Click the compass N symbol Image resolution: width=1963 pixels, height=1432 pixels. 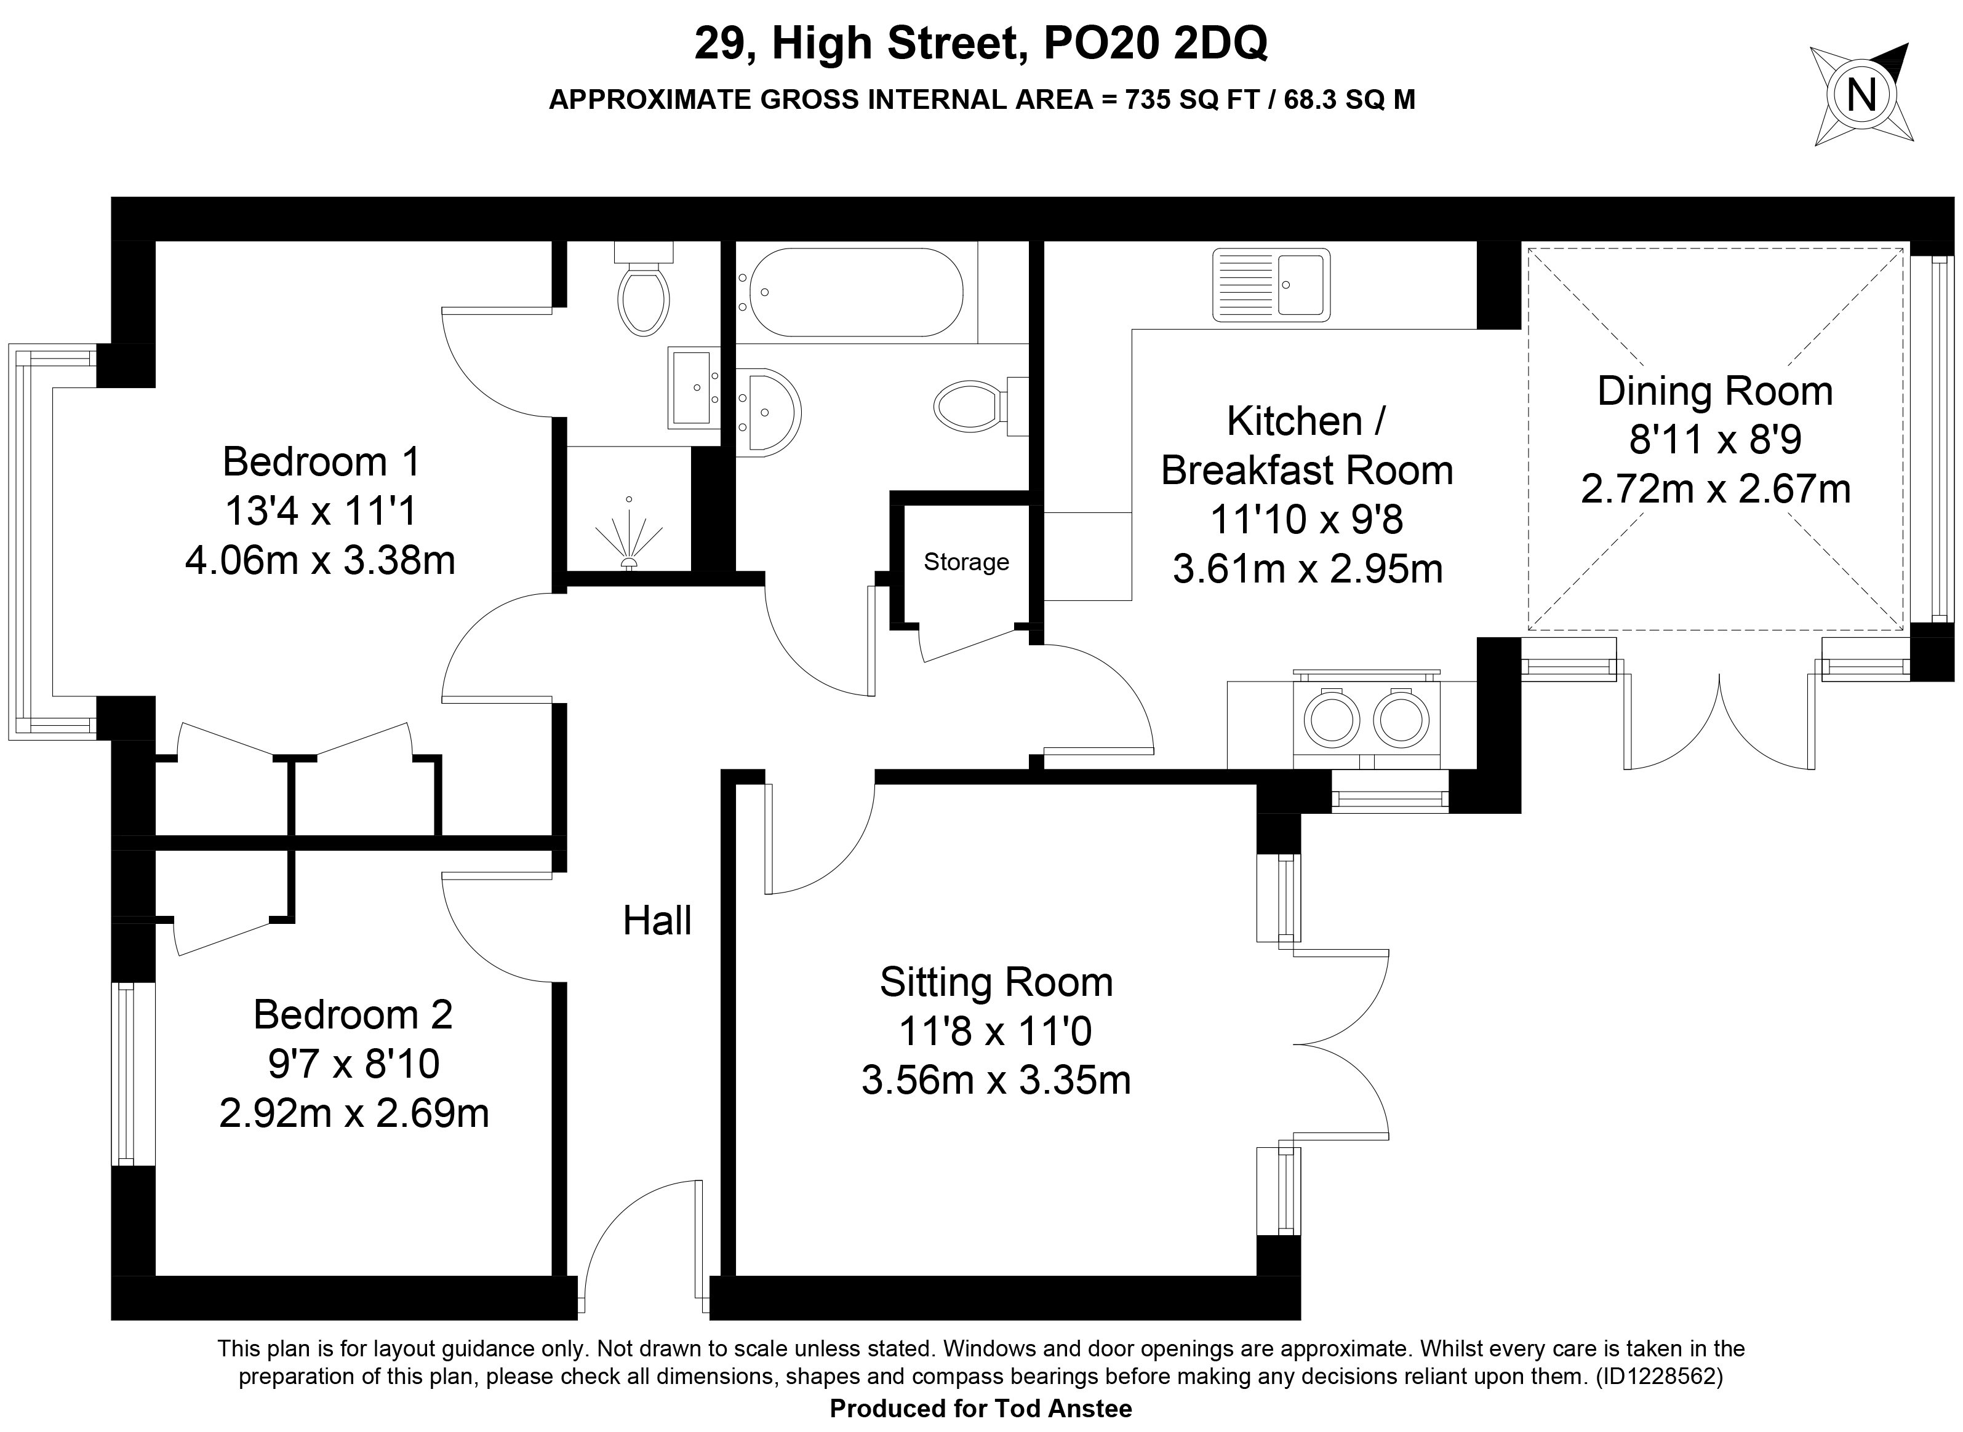tap(1861, 95)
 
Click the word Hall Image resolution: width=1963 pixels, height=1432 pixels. tap(657, 921)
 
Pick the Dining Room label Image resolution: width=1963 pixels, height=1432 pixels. tap(1715, 391)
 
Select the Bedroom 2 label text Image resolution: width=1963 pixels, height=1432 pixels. tap(353, 1014)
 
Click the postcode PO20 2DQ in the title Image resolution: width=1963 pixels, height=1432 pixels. tap(1156, 43)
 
